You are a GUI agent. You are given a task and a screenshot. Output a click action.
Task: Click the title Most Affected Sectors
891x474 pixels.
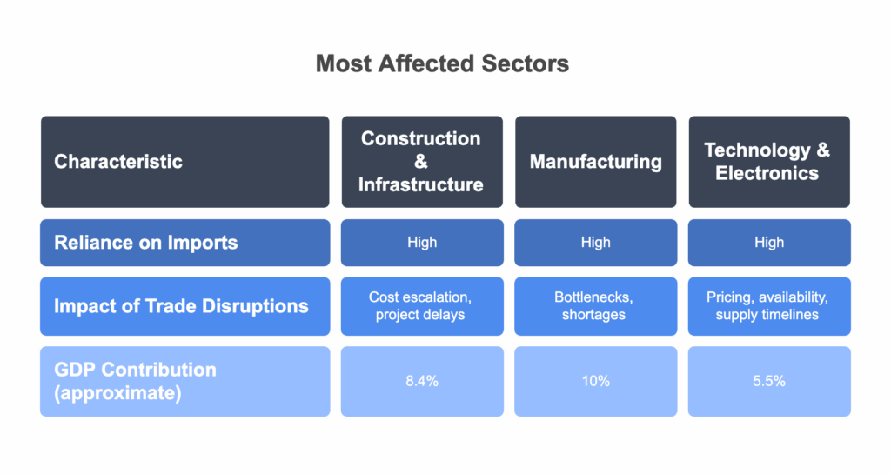pos(442,63)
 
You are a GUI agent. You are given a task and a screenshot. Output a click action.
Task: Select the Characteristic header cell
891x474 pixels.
pos(185,162)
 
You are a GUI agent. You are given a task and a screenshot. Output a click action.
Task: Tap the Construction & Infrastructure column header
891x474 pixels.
pos(422,162)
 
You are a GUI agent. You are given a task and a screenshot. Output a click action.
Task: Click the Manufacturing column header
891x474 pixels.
pos(595,162)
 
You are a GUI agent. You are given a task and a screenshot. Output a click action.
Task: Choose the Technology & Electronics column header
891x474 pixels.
pos(769,162)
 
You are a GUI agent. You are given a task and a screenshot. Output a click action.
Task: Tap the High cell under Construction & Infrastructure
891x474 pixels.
pos(422,243)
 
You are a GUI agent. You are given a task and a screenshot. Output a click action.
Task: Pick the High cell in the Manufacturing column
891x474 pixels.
pos(595,243)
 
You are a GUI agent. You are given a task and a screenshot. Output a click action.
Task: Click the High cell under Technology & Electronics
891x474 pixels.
pos(769,243)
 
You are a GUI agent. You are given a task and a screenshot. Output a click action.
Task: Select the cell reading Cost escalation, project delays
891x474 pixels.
pos(422,306)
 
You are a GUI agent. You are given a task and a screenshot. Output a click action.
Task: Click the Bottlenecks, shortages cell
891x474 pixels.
pos(595,306)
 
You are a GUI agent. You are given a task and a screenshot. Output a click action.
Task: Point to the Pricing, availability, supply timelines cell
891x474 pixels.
pos(769,306)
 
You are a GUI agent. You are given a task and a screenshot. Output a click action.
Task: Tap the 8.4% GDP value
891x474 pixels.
pos(422,382)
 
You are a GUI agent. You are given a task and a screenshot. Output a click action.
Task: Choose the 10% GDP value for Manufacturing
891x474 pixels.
pos(595,382)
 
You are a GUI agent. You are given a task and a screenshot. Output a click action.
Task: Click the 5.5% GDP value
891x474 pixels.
pos(769,382)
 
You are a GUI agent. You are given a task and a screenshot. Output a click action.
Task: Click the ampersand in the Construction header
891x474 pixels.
pos(421,162)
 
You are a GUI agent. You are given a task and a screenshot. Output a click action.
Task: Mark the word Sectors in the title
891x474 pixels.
pos(525,63)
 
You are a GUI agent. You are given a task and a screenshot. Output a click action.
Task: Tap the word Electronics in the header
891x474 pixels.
pos(767,173)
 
